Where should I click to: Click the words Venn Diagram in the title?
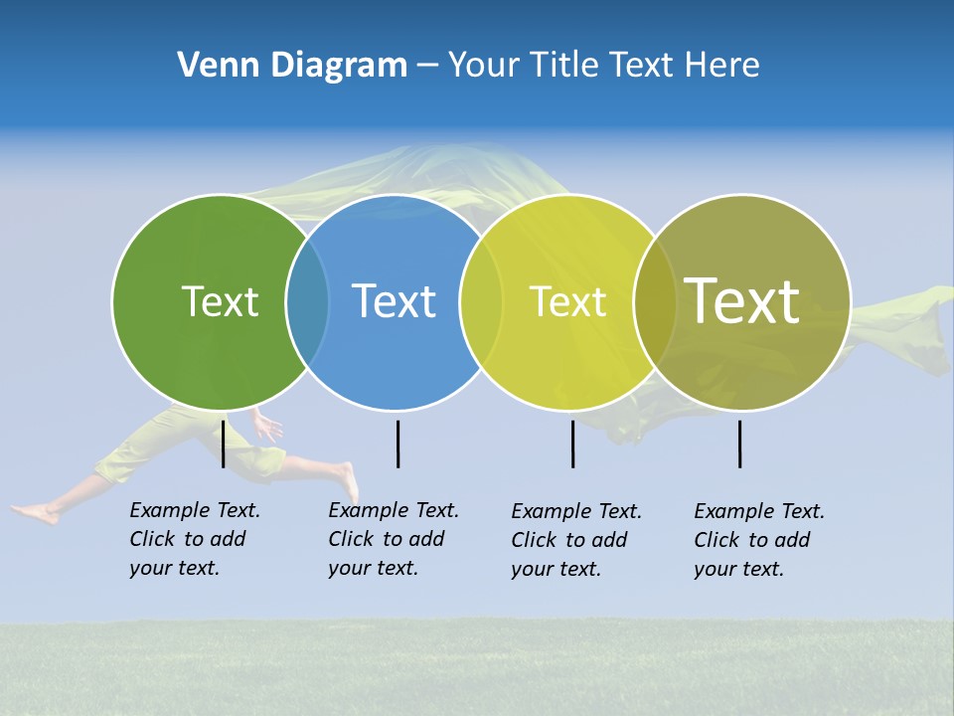coord(292,66)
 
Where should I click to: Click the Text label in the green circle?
coord(220,301)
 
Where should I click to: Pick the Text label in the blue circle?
coord(395,301)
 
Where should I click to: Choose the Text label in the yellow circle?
coord(567,301)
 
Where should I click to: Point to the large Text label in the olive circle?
coord(741,300)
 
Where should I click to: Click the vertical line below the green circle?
coord(223,444)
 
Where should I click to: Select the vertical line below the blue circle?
coord(397,444)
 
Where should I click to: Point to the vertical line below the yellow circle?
coord(572,444)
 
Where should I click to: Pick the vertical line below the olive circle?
coord(739,444)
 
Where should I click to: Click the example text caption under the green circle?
coord(195,539)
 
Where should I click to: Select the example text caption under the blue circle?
coord(394,539)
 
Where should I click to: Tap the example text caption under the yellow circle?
coord(576,540)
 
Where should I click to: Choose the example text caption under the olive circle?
coord(759,540)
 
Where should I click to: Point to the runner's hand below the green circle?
coord(267,429)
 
